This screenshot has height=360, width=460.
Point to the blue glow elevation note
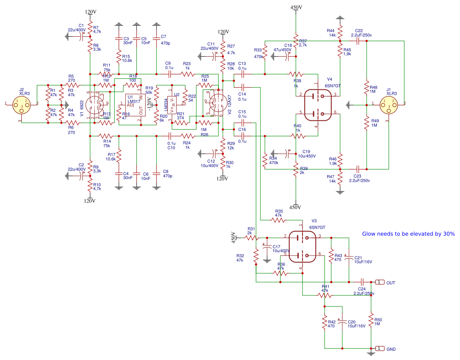point(408,234)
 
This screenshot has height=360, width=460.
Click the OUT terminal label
point(391,283)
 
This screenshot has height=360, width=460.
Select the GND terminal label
point(391,349)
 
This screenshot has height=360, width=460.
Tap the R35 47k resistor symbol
point(279,220)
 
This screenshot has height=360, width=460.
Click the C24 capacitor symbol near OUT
point(362,282)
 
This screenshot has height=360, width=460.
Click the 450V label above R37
point(296,8)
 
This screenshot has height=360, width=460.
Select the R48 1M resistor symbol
point(367,87)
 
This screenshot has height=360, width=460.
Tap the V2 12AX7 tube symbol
point(217,103)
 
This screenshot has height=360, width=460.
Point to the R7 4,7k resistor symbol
point(90,31)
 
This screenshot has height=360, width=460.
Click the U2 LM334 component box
point(173,105)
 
